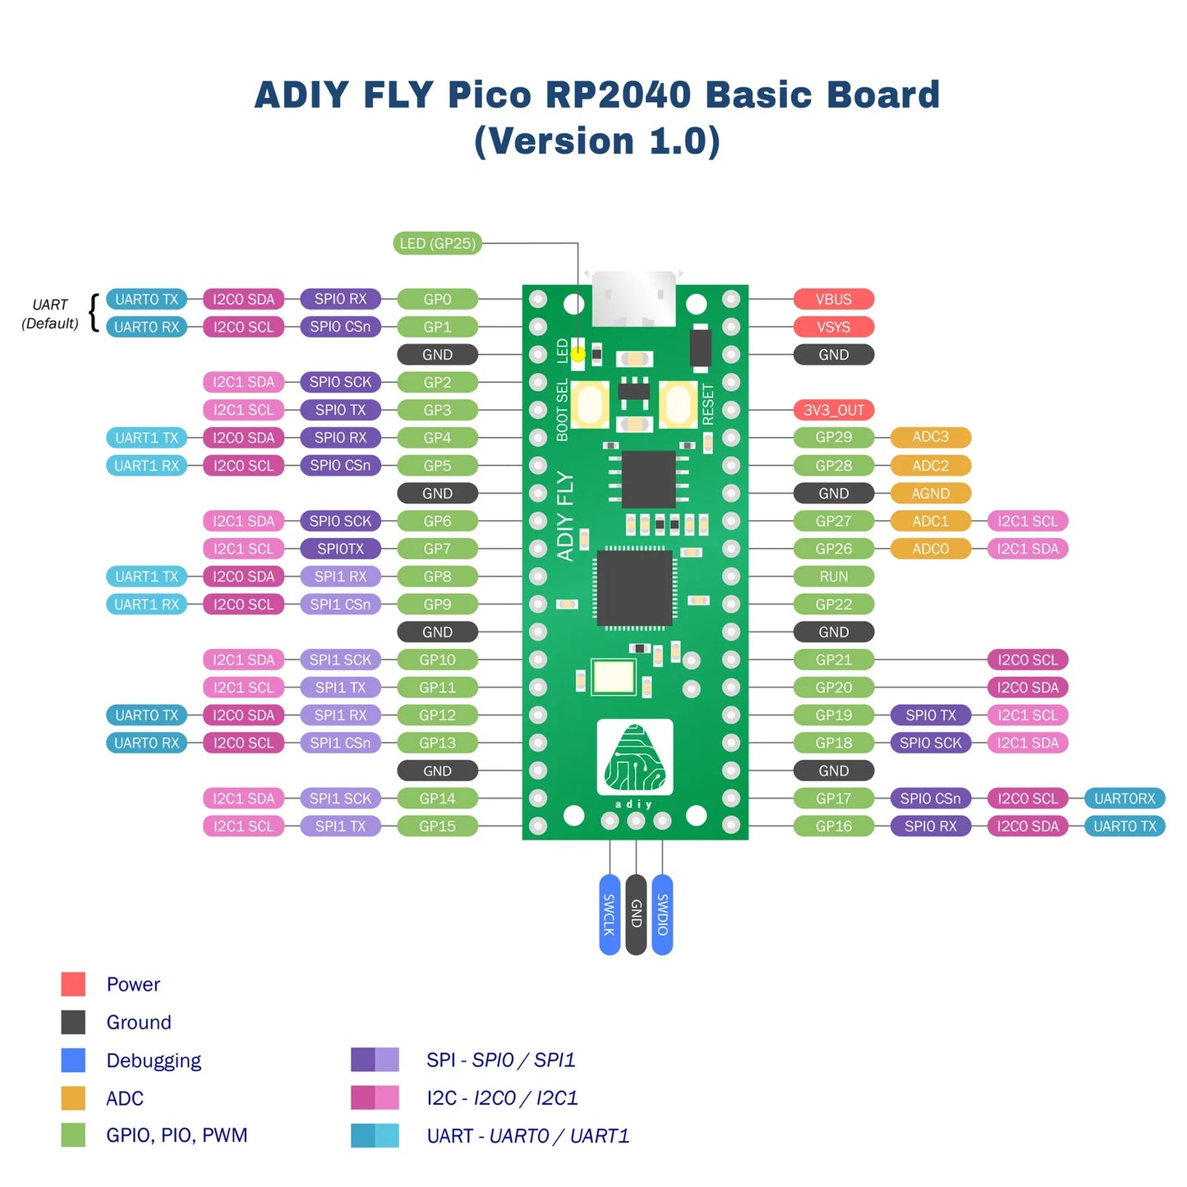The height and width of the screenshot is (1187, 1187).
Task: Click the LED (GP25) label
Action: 437,243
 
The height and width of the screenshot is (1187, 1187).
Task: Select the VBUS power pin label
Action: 833,299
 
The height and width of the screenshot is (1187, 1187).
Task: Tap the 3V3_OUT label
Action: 833,410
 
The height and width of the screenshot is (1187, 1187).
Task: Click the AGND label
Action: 930,493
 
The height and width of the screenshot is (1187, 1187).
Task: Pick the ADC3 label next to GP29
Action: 930,437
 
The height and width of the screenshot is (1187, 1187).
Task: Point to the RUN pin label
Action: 833,577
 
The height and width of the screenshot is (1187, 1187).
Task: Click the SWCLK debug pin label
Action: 610,914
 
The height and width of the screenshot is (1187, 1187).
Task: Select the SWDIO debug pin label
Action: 662,914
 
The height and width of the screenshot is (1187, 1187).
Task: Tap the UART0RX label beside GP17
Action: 1124,798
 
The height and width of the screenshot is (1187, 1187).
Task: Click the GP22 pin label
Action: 833,605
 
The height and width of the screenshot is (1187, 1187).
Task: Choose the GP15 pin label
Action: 437,826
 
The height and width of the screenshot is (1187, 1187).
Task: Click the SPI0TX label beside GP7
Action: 340,549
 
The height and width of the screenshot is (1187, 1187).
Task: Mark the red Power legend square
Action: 73,984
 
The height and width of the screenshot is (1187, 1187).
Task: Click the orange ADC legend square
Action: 73,1098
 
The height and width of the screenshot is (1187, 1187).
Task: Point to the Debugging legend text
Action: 154,1060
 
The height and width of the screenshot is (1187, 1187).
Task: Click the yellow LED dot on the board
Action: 578,354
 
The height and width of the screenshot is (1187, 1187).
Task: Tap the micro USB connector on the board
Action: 633,298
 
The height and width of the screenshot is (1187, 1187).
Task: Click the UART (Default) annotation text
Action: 50,314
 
